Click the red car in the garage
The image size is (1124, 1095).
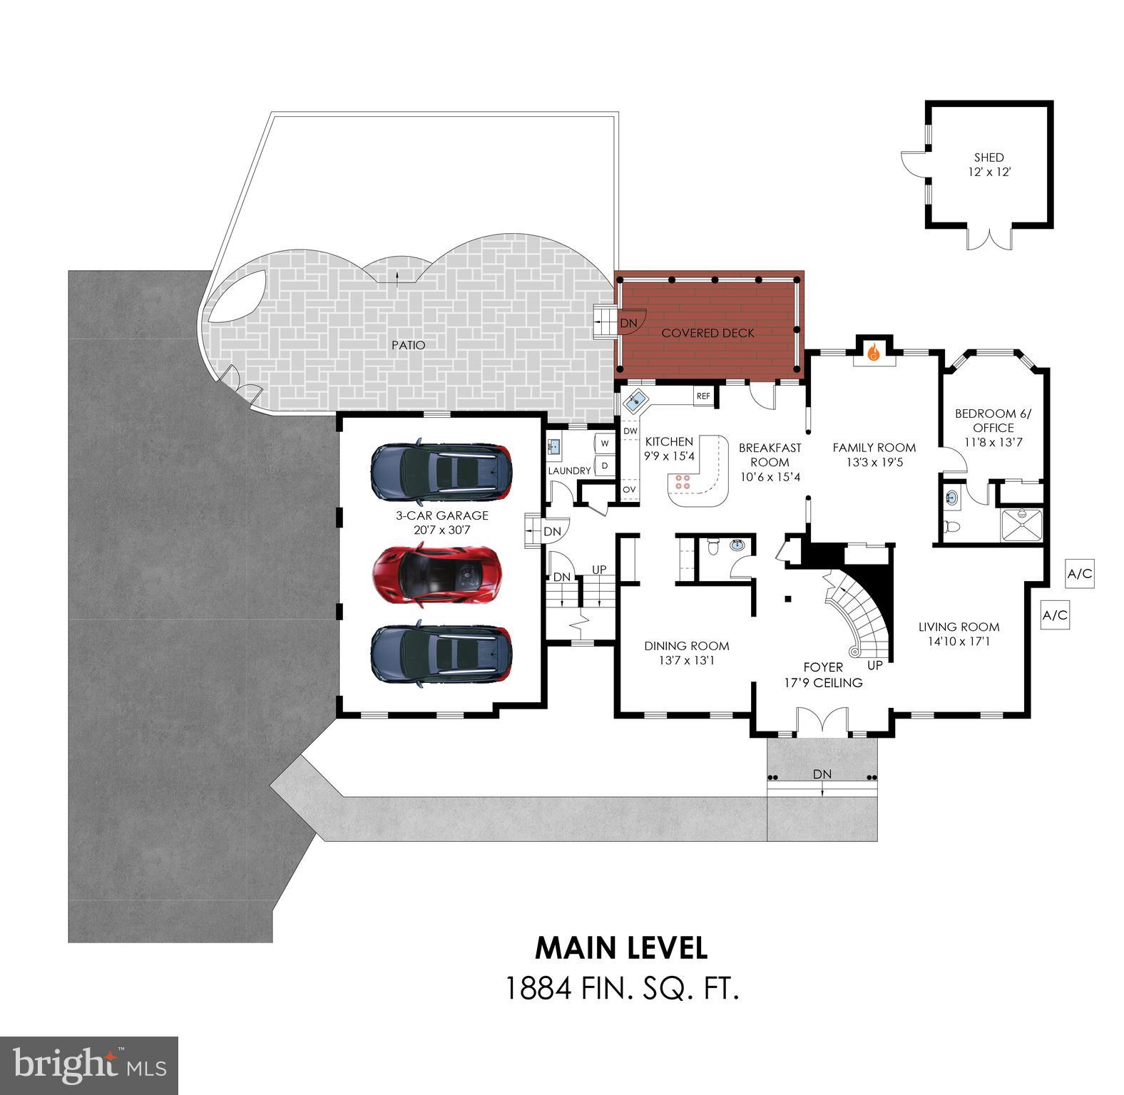tap(436, 575)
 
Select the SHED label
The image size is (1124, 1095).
tap(988, 158)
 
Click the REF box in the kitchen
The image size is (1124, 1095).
tap(703, 396)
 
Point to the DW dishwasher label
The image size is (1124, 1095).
tap(630, 431)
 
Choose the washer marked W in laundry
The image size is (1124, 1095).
tap(605, 443)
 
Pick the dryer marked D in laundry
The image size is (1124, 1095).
tap(605, 466)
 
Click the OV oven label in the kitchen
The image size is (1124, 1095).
tap(630, 490)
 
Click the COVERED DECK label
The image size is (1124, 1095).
tap(707, 333)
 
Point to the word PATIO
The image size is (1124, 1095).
tap(408, 345)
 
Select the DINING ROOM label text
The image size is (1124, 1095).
tap(686, 646)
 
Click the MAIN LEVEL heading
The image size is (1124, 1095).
tap(620, 947)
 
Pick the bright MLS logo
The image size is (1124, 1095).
tap(89, 1066)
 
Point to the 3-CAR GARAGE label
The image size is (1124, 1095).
tap(442, 515)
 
